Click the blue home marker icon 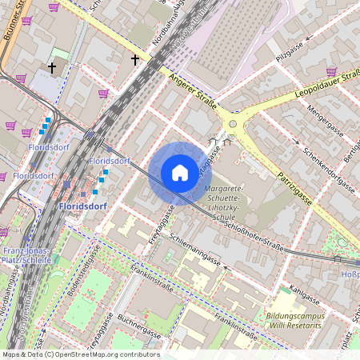click(180, 173)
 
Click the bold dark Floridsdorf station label click(83, 206)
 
